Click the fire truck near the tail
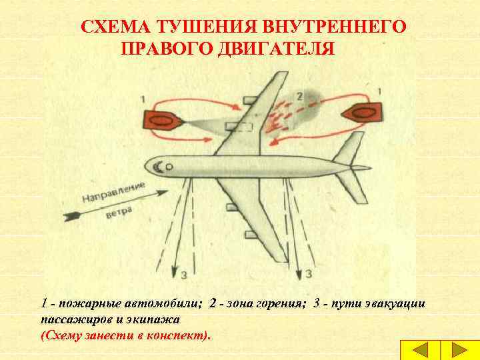click(361, 113)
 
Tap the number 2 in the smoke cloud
click(299, 97)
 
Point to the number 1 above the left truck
click(143, 99)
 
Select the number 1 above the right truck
click(379, 91)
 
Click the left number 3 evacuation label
click(184, 275)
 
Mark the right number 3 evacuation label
click(309, 274)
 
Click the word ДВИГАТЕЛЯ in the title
click(275, 48)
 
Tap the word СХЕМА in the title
click(116, 26)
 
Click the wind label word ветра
click(120, 212)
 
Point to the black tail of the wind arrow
click(71, 216)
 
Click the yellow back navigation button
click(420, 350)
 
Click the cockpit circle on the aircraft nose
click(169, 167)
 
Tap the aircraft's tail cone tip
click(371, 168)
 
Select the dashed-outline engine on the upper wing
click(239, 127)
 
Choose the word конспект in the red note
click(175, 336)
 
